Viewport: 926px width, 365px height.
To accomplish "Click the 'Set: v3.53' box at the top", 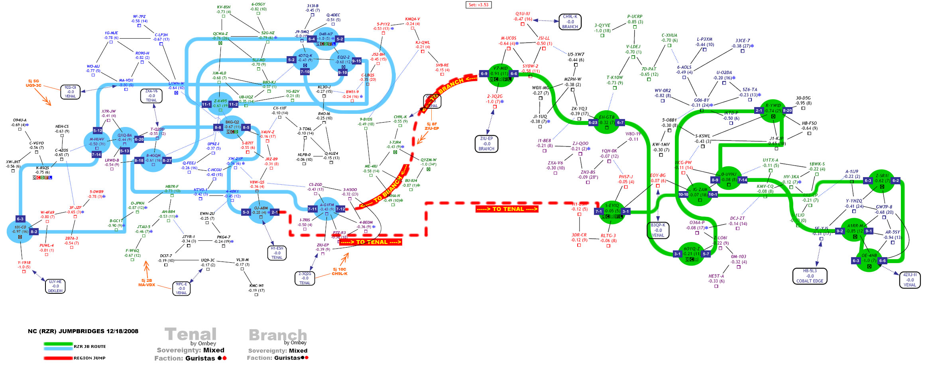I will click(478, 5).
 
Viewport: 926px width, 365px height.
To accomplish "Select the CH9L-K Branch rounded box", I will click(570, 22).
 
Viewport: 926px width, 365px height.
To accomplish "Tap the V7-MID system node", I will click(500, 74).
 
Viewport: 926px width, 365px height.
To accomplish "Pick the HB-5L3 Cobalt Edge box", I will click(810, 276).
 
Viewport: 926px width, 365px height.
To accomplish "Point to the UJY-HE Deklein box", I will click(55, 286).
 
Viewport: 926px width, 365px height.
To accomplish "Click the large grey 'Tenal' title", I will click(191, 334).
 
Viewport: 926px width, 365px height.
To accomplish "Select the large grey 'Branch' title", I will click(278, 335).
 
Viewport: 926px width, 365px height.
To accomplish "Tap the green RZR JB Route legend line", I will click(58, 344).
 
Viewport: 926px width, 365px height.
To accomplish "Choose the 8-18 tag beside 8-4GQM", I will click(139, 160).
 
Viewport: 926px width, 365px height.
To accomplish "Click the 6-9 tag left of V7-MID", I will click(484, 74).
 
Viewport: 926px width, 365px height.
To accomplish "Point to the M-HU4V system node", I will click(97, 142).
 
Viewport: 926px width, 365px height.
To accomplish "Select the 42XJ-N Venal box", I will click(910, 280).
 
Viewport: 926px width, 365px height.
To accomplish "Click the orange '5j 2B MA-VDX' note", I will click(146, 283).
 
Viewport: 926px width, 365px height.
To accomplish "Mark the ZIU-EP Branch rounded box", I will click(486, 144).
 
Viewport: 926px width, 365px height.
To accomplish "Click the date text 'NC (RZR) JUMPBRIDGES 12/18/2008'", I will click(83, 331).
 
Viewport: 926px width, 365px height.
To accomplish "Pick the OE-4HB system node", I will click(869, 259).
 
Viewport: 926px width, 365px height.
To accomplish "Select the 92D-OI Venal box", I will click(70, 92).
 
